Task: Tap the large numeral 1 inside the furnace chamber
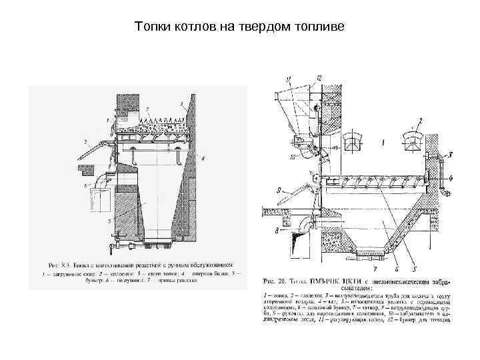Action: tap(382, 142)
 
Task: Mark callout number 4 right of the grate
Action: tap(451, 178)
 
